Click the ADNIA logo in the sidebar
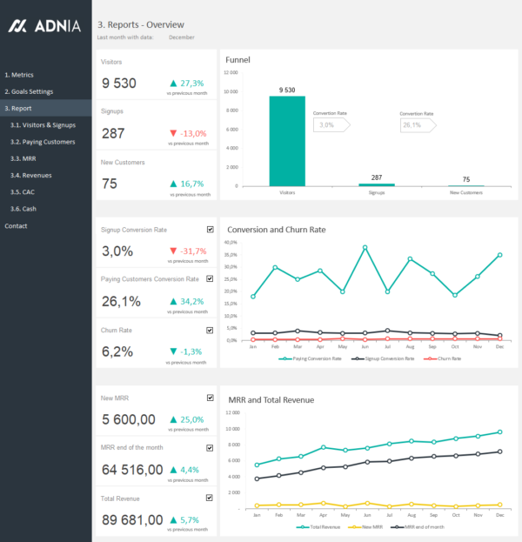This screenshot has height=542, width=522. point(44,26)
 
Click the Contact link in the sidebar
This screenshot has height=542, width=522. point(16,226)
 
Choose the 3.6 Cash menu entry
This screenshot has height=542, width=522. point(23,209)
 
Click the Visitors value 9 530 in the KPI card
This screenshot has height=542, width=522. point(119,84)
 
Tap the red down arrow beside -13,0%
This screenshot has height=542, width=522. point(174,133)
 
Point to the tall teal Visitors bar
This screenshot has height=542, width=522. point(286,140)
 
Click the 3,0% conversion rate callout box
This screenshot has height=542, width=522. point(329,125)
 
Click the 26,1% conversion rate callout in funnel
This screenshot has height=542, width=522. point(414,125)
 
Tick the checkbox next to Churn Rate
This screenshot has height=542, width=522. point(210,331)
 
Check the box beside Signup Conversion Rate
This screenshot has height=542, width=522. point(210,230)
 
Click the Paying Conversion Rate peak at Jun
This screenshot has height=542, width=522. point(365,247)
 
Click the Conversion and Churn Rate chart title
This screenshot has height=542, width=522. point(276,230)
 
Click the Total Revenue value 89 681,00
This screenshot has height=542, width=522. point(131,519)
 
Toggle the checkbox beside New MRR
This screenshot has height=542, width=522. point(210,398)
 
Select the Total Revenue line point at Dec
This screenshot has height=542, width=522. point(499,432)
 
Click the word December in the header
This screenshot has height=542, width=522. point(182,37)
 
